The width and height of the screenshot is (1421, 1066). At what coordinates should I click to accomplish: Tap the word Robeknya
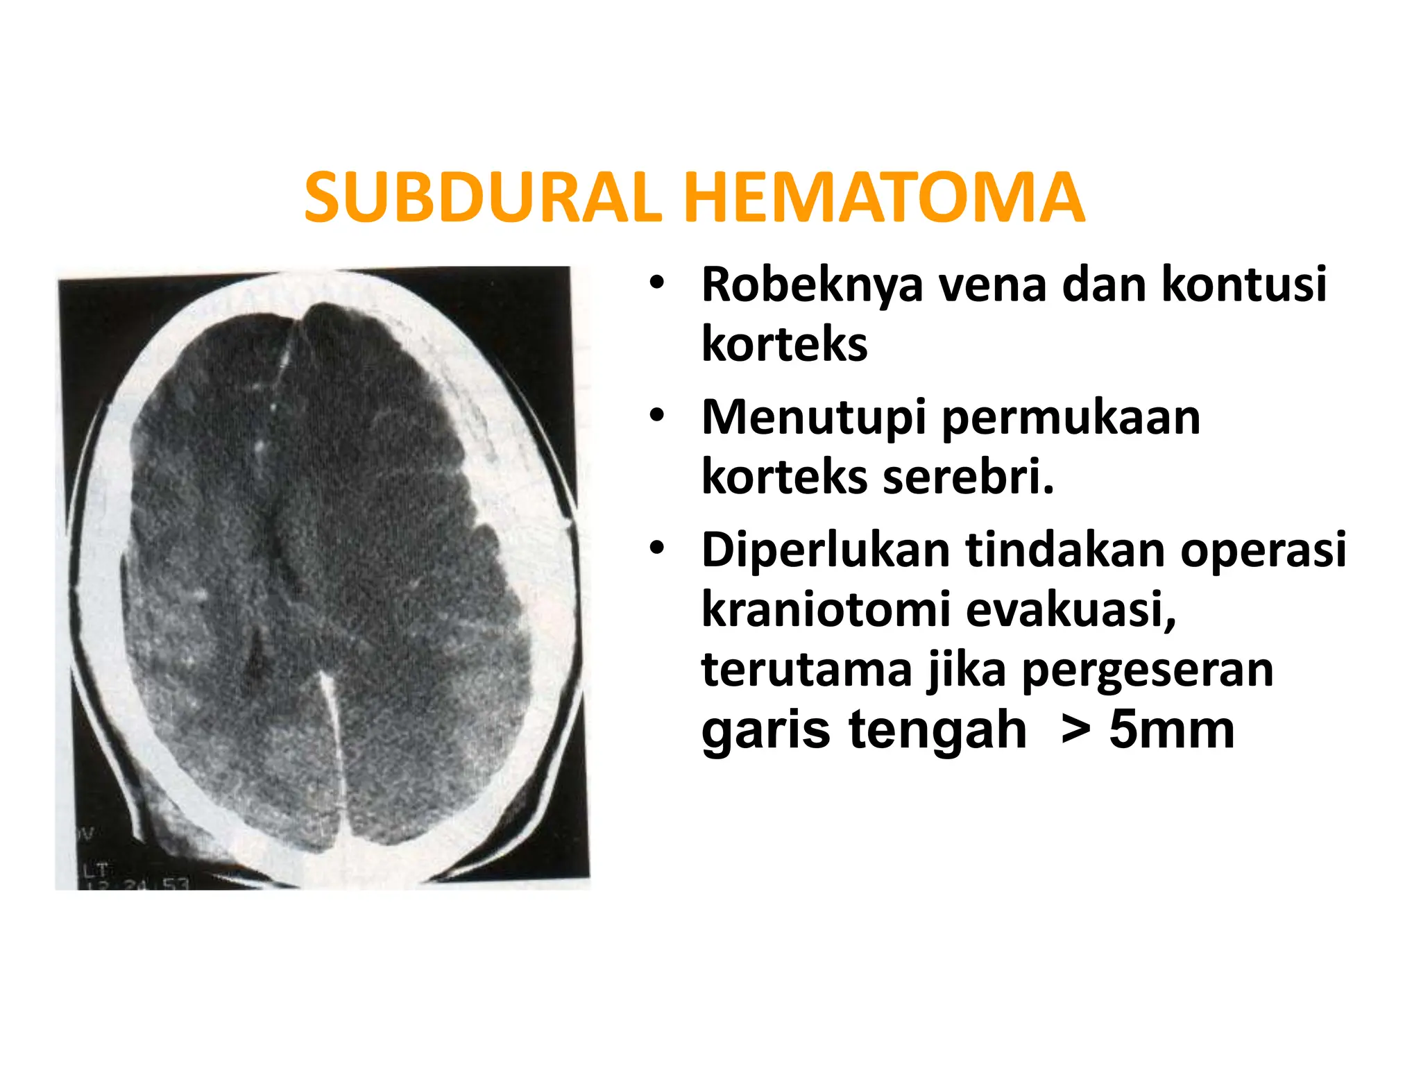(812, 285)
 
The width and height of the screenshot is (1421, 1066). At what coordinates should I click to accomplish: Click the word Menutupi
(813, 418)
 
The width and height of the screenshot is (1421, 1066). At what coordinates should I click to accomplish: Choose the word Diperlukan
(826, 550)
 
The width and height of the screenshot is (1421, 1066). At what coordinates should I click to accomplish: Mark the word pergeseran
(1148, 670)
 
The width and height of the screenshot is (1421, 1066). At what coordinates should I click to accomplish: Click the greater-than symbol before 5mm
(1075, 731)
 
